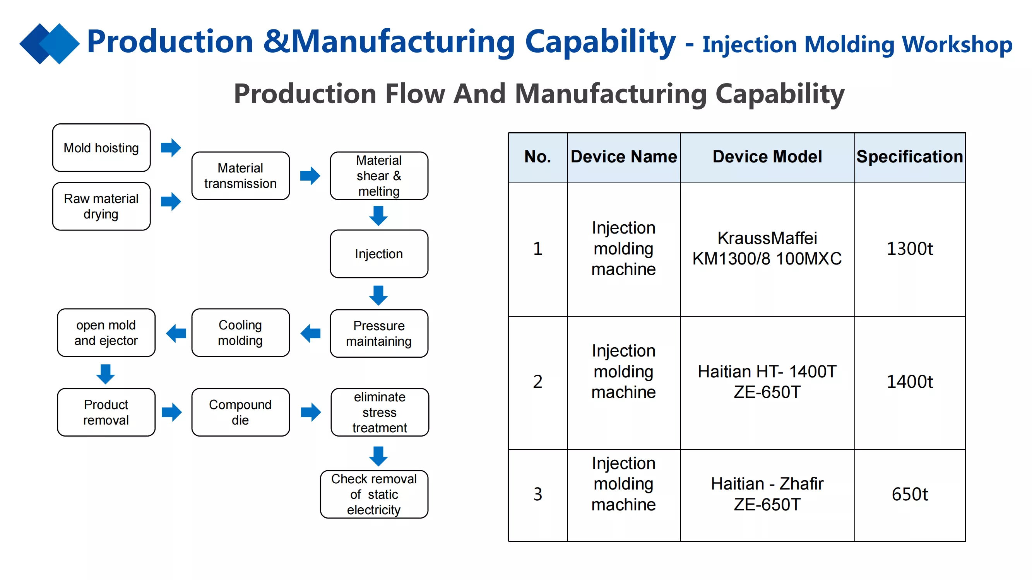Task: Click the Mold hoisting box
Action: pos(101,148)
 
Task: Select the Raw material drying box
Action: pos(101,206)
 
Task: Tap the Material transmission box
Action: pos(240,176)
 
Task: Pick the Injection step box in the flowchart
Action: pos(379,254)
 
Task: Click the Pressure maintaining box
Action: pos(379,333)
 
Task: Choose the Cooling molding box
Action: pos(240,333)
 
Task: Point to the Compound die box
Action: pos(240,412)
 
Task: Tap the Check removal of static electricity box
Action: pos(374,494)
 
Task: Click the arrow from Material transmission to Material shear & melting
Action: pos(310,176)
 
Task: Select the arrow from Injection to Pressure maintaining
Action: pos(378,295)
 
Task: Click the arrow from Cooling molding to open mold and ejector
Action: pos(176,333)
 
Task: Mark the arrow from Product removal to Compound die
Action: pos(172,412)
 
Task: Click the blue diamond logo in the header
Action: pos(50,44)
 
